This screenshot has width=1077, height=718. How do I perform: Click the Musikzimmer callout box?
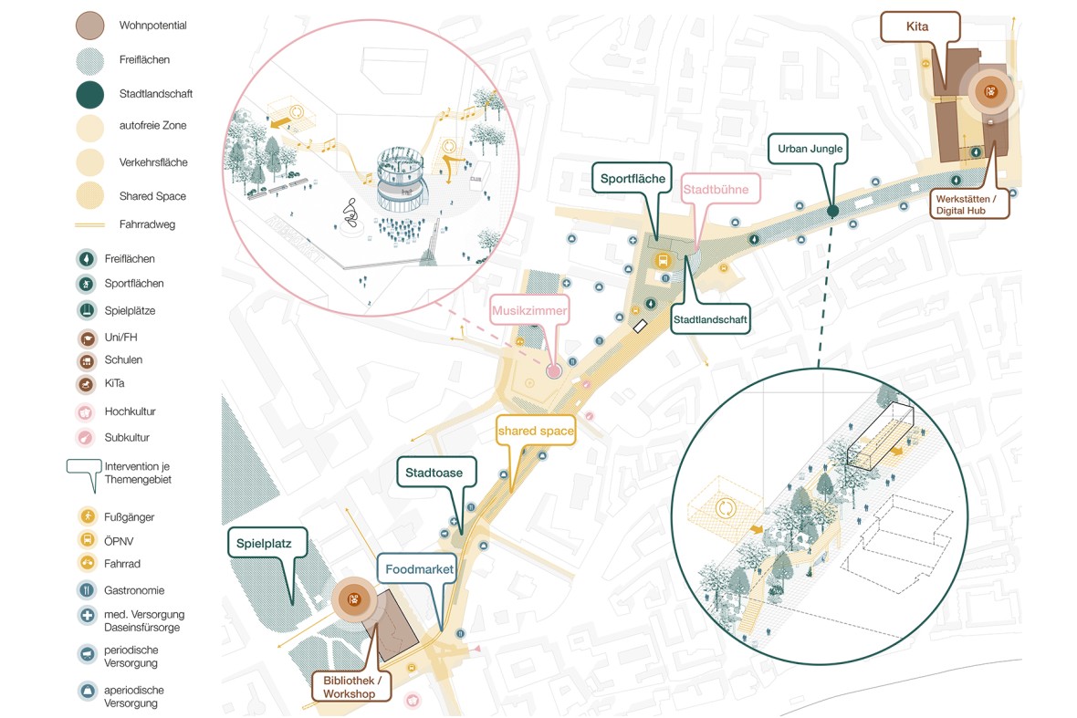click(x=529, y=311)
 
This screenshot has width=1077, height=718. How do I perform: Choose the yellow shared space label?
click(x=536, y=430)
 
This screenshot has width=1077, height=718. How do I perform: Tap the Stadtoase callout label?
click(x=434, y=473)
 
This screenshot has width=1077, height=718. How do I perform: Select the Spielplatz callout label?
click(x=264, y=542)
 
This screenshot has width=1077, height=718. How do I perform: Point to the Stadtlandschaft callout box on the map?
click(x=711, y=320)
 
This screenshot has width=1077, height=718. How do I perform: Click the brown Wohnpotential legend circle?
click(x=89, y=26)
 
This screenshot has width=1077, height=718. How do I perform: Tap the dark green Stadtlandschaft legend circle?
click(x=89, y=94)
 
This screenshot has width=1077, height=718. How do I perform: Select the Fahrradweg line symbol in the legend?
click(x=89, y=224)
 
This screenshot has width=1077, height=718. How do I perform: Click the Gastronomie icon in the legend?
click(x=87, y=590)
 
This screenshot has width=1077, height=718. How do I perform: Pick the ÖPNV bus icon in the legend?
click(x=87, y=540)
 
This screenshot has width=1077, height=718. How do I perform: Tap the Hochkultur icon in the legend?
click(x=87, y=411)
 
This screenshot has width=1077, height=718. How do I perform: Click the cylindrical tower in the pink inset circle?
click(x=398, y=178)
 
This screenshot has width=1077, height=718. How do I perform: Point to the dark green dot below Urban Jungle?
click(x=832, y=212)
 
